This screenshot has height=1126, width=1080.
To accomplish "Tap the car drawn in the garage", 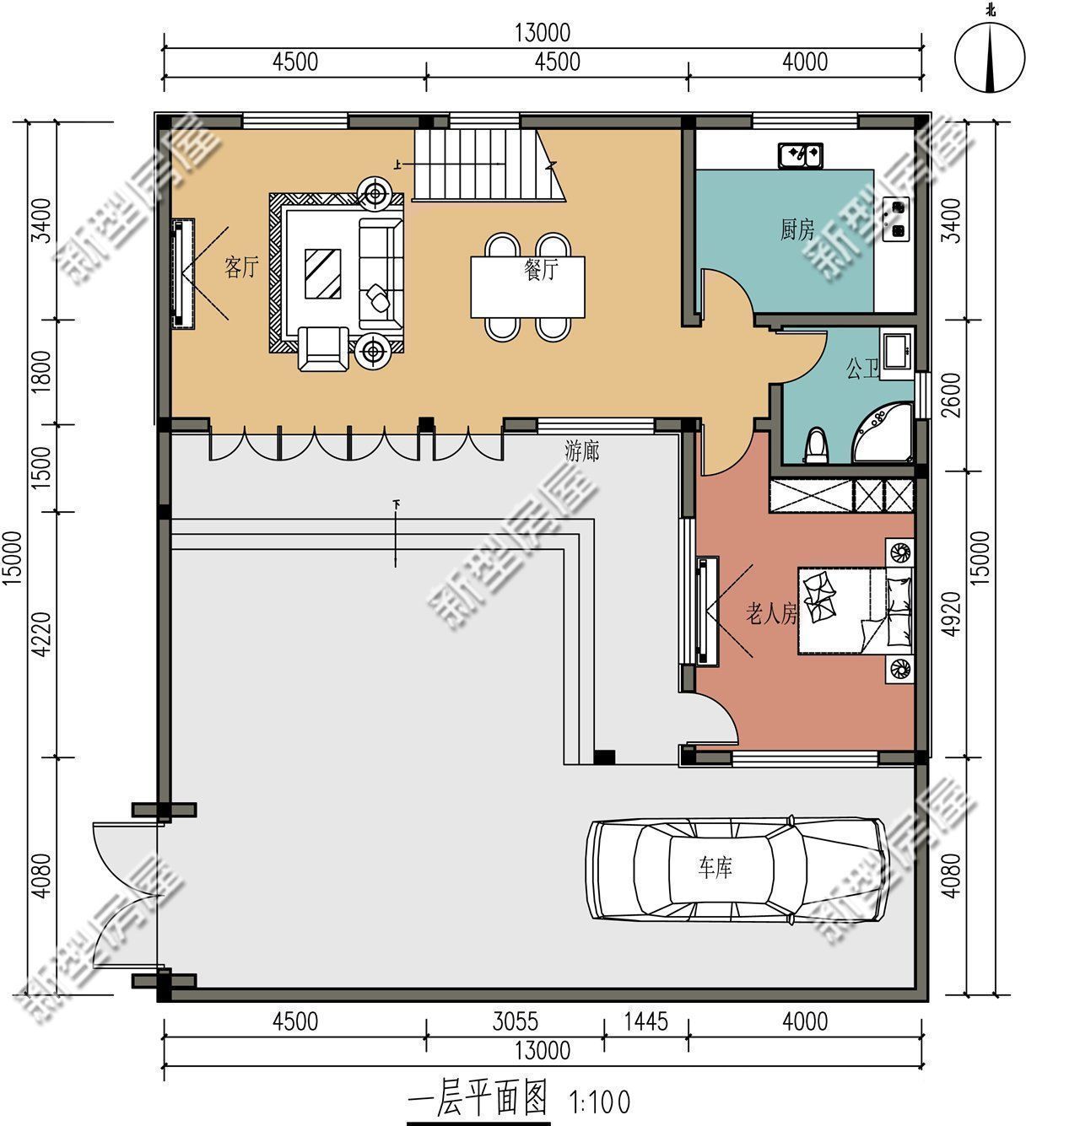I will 737,868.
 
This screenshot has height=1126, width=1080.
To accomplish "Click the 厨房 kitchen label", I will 797,229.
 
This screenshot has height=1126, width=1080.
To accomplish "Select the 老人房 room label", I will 771,614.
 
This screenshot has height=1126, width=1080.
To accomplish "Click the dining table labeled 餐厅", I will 528,287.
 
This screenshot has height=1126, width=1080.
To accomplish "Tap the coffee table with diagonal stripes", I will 323,273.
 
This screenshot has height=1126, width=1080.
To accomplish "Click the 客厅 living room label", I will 241,268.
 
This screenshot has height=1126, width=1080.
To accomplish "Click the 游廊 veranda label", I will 582,452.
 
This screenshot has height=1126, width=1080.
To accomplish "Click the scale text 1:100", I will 600,1101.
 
